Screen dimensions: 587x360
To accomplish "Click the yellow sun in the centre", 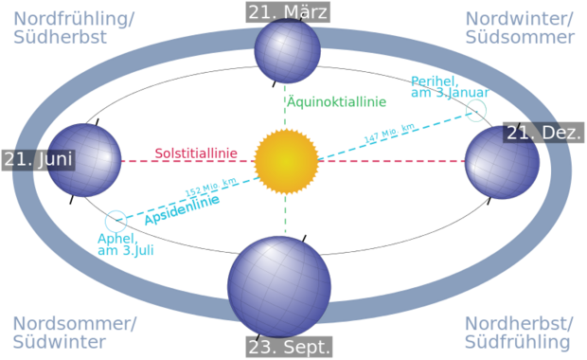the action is click(286, 161).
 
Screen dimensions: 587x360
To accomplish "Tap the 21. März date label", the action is click(288, 12).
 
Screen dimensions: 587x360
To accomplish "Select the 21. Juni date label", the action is click(39, 160).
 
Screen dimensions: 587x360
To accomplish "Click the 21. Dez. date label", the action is click(543, 133).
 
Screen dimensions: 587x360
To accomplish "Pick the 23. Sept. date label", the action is click(289, 347).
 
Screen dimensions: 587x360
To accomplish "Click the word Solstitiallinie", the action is click(196, 153).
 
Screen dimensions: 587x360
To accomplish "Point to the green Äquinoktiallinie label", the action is click(336, 102).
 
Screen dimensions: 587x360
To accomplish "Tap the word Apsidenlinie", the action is click(183, 209).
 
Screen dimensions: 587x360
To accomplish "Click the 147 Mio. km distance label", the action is click(389, 133).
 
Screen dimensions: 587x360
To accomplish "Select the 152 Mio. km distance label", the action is click(211, 187).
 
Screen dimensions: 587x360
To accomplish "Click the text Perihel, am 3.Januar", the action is click(450, 87).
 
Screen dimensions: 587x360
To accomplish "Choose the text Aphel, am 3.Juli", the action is click(126, 244).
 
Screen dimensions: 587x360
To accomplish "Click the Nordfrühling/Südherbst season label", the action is click(74, 28).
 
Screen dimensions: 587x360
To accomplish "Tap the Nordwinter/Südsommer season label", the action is click(520, 28).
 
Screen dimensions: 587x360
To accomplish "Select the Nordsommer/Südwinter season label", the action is click(75, 333).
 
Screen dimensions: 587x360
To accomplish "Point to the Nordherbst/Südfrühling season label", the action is click(519, 333).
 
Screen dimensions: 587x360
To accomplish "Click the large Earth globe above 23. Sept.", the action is click(279, 286).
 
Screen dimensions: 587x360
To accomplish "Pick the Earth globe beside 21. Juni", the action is click(84, 160).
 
